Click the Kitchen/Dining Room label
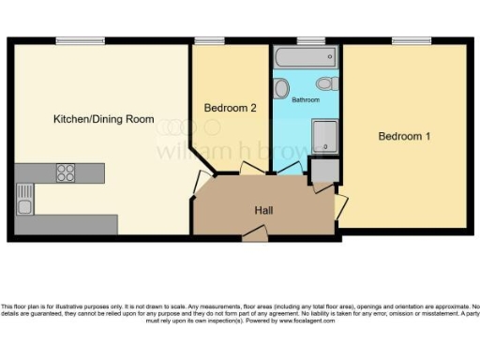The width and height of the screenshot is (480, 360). click(103, 119)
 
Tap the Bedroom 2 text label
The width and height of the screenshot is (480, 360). click(231, 109)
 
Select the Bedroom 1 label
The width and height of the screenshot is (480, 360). click(404, 137)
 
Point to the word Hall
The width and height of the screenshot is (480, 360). click(263, 210)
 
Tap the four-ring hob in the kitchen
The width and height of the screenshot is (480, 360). click(66, 172)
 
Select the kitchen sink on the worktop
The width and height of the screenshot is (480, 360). click(25, 198)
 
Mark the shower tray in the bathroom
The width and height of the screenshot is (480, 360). click(323, 137)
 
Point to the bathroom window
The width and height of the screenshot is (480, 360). click(309, 40)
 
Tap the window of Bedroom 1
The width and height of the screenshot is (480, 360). click(411, 40)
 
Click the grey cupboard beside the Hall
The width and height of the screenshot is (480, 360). click(323, 172)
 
